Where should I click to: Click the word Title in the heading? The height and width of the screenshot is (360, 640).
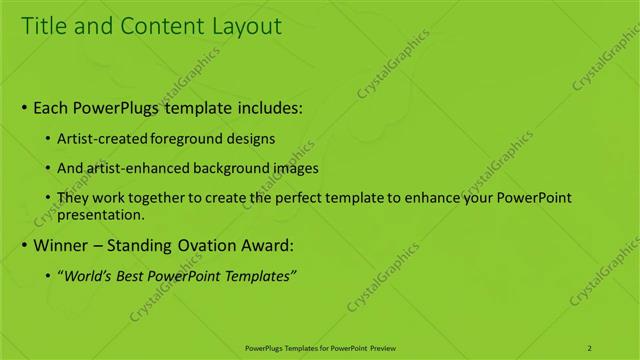click(46, 26)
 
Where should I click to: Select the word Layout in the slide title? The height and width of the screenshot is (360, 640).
click(245, 26)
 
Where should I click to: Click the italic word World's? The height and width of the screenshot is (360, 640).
click(87, 276)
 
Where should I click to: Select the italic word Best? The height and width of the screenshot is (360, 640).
click(132, 276)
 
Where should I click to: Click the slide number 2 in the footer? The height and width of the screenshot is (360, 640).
click(589, 348)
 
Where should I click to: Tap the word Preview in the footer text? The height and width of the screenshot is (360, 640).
click(379, 348)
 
